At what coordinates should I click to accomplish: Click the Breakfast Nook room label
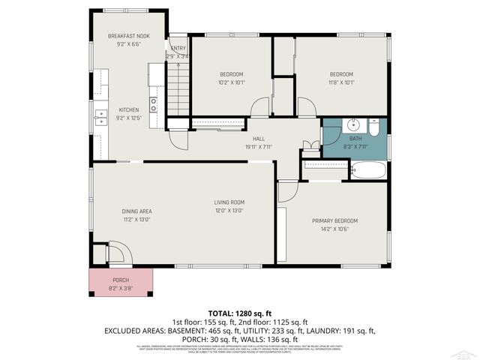(x=128, y=36)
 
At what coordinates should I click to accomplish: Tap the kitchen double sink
(x=101, y=116)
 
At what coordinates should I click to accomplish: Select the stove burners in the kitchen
(x=153, y=104)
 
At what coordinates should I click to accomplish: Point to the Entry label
(x=178, y=48)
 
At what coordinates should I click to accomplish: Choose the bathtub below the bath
(x=368, y=171)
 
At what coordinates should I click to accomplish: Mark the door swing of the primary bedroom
(x=288, y=190)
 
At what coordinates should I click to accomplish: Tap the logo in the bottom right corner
(x=466, y=352)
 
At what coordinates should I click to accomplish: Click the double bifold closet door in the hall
(x=310, y=145)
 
